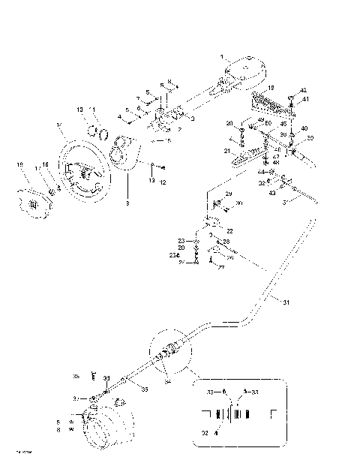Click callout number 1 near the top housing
(x=221, y=57)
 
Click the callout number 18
(x=271, y=88)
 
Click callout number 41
(x=304, y=99)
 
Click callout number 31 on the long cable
(x=285, y=303)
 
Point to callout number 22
(x=229, y=230)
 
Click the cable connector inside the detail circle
(x=171, y=350)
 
